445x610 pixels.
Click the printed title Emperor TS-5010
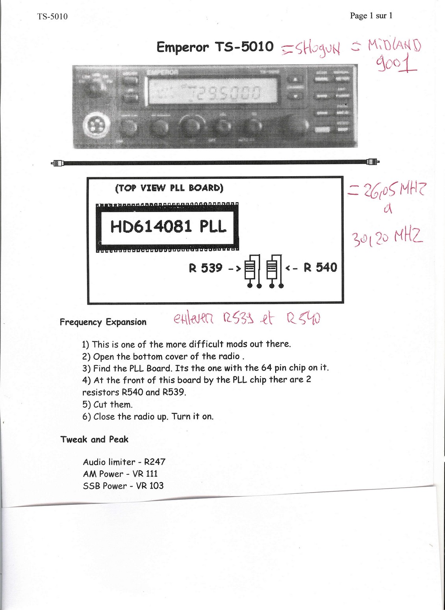215,47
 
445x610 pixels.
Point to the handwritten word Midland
394,45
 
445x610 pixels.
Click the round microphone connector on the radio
94,126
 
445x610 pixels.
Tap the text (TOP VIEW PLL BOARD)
169,188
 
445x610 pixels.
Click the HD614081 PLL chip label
168,227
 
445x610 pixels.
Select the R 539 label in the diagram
205,268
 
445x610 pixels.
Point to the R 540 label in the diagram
320,268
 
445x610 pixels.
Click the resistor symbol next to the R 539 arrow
250,270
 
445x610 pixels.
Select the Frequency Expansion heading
103,322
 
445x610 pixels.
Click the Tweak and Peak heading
94,439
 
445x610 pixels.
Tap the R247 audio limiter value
155,462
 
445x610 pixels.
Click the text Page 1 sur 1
371,16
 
